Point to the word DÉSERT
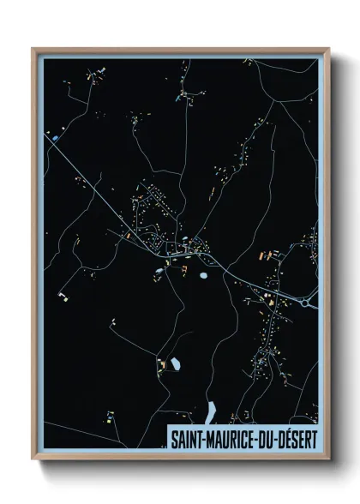[x=296, y=438]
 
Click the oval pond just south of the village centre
[x=203, y=276]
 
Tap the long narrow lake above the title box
[x=210, y=412]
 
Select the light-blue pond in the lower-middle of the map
[x=176, y=364]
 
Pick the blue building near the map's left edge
[x=56, y=138]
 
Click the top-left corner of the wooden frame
[x=33, y=49]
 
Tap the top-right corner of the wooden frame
[x=328, y=49]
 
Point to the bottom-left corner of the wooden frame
[x=33, y=459]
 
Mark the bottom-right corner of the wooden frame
[x=328, y=459]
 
